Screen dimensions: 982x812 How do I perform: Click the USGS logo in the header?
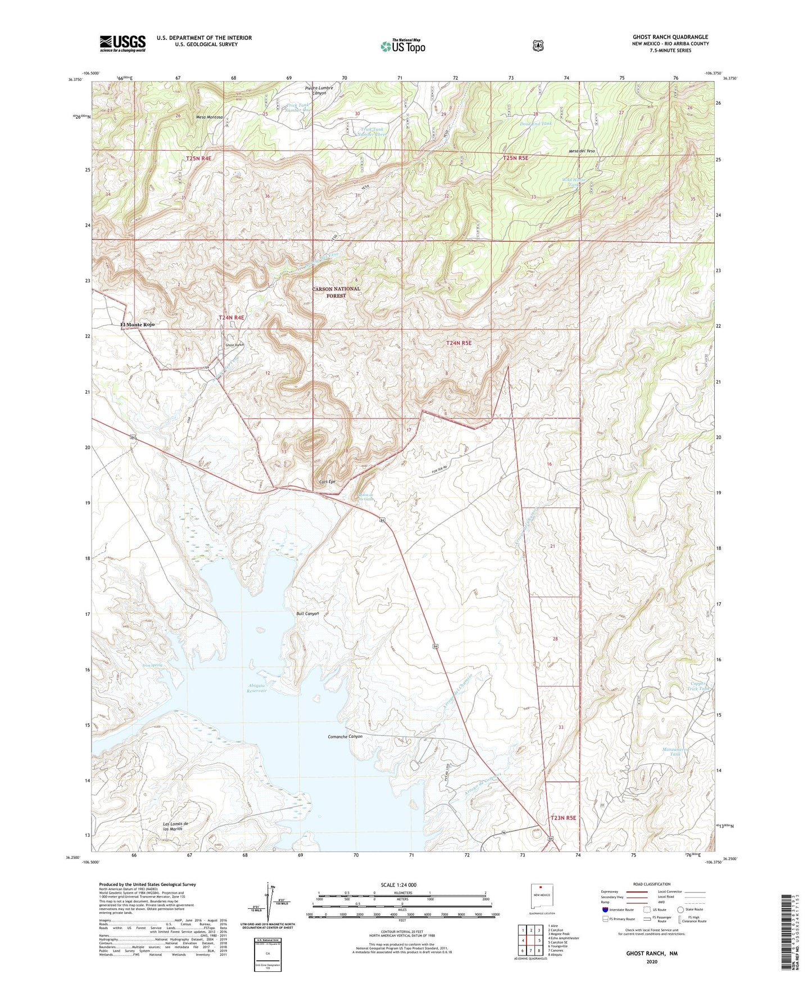[123, 43]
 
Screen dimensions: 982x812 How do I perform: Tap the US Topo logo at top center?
[402, 46]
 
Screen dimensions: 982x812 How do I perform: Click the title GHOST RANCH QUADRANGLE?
[670, 37]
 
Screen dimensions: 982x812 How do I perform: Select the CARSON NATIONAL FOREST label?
[336, 292]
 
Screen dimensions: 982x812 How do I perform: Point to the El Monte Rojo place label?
[137, 325]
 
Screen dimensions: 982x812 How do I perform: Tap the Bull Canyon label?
[307, 614]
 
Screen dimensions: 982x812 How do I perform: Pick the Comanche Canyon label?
[344, 736]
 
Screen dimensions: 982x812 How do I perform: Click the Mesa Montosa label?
[209, 117]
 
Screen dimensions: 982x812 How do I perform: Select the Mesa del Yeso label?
[581, 151]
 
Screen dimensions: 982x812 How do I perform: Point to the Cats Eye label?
[327, 482]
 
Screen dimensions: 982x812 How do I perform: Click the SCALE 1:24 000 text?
[398, 885]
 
